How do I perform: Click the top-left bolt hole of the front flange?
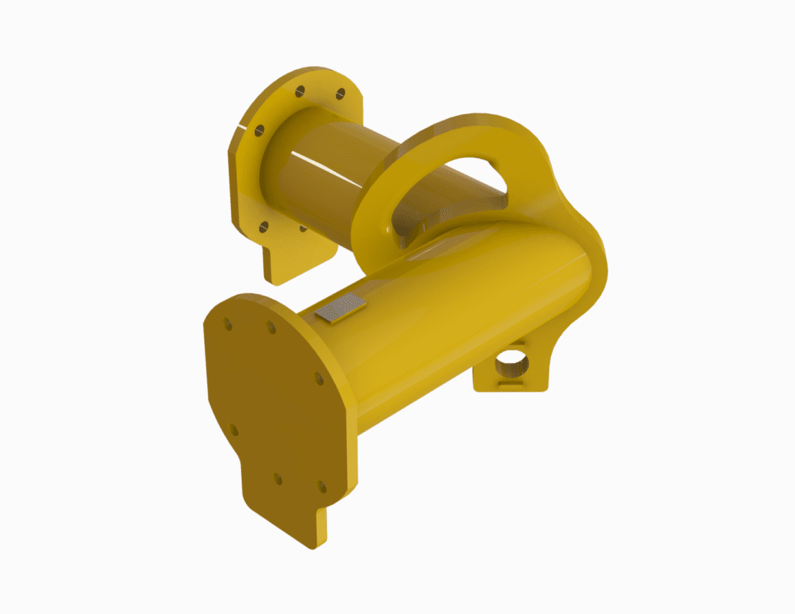click(x=228, y=325)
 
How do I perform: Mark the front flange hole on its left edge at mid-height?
click(x=233, y=430)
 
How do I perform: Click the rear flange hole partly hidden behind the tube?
click(x=303, y=228)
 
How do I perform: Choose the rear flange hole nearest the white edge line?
click(x=259, y=130)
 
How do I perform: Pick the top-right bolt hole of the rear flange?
click(x=341, y=94)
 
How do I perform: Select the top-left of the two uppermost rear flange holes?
click(x=300, y=91)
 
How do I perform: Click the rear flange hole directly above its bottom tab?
click(x=263, y=226)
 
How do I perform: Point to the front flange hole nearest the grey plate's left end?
click(x=271, y=328)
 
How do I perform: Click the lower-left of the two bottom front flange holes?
click(x=278, y=479)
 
